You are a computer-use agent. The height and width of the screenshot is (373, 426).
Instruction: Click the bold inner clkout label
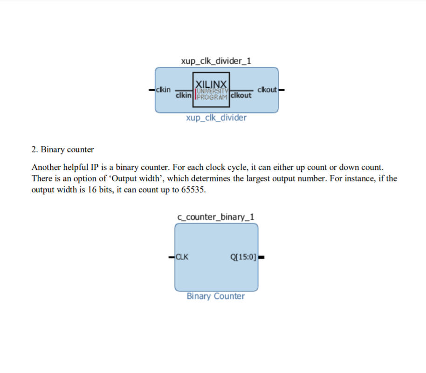[x=240, y=95]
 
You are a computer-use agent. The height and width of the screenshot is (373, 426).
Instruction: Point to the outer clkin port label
[x=164, y=89]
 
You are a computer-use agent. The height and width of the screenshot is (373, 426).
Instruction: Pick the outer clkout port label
[x=267, y=89]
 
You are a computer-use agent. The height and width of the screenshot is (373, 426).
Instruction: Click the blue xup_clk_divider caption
[x=216, y=118]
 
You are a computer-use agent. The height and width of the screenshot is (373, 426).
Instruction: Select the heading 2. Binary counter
[x=62, y=150]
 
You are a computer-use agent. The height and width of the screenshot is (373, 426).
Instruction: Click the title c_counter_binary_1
[x=216, y=217]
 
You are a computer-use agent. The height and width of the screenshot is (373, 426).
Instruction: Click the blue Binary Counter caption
[x=215, y=296]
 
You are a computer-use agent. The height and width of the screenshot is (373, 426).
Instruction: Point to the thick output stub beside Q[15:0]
[x=261, y=257]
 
